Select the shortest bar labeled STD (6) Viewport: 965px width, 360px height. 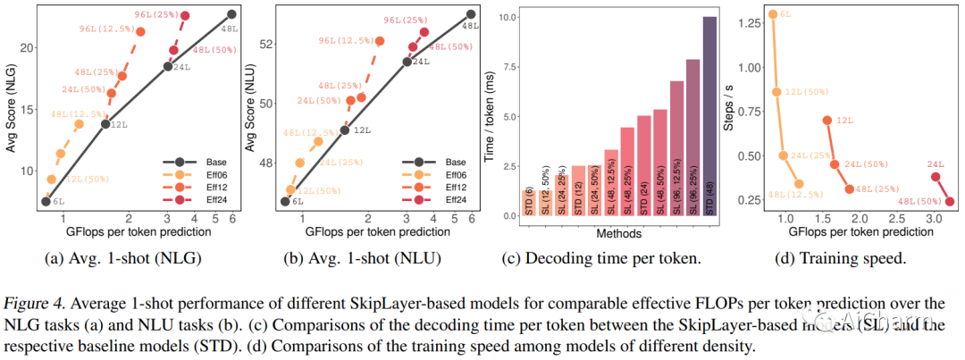click(528, 203)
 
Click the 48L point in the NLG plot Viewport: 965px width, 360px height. click(231, 14)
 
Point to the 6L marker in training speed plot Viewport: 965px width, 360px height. click(772, 14)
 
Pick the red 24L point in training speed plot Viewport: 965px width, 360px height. click(936, 177)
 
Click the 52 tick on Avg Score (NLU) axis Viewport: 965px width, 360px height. click(266, 44)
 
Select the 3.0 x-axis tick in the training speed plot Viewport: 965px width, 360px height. click(933, 219)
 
